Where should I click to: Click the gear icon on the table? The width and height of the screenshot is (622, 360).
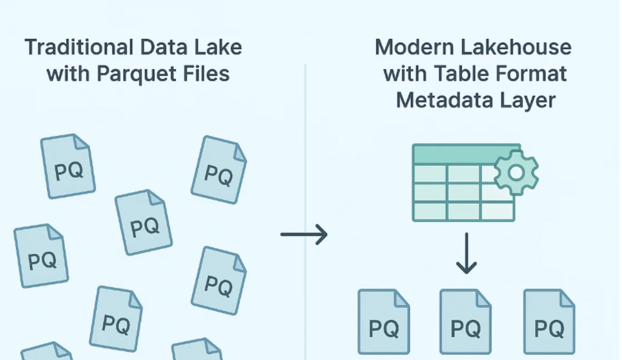tap(516, 173)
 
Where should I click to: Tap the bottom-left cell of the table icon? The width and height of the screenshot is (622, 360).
tap(429, 211)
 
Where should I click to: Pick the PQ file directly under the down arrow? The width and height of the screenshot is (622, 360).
tap(465, 322)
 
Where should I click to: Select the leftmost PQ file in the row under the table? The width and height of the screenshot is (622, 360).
tap(384, 322)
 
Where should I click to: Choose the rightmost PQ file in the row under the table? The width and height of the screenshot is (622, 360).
tap(549, 322)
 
